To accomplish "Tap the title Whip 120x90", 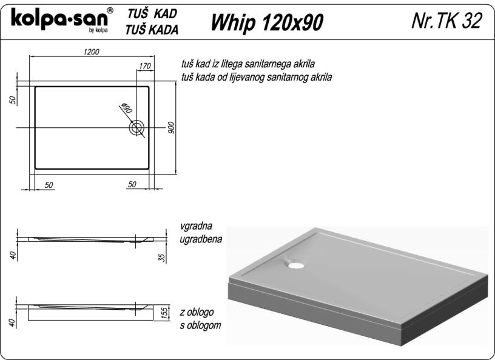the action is pos(267,22).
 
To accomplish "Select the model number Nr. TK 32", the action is pos(446,21).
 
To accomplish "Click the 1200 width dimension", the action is pos(92,52).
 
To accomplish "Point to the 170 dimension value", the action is pos(145,66).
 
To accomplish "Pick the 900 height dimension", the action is pos(171,127).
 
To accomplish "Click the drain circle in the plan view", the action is pos(136,128).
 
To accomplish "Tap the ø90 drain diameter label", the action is pos(127,108).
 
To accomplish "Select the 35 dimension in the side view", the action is pos(163,258).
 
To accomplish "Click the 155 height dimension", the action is pos(165,312).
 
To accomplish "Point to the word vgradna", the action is pos(197,226).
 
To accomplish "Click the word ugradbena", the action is pos(201,239).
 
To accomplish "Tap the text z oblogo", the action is pos(197,312).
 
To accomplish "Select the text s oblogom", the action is pos(200,325).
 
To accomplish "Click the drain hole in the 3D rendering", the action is pos(296,265).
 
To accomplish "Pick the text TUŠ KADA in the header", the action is pos(152,30).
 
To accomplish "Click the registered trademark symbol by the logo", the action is pos(110,10).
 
